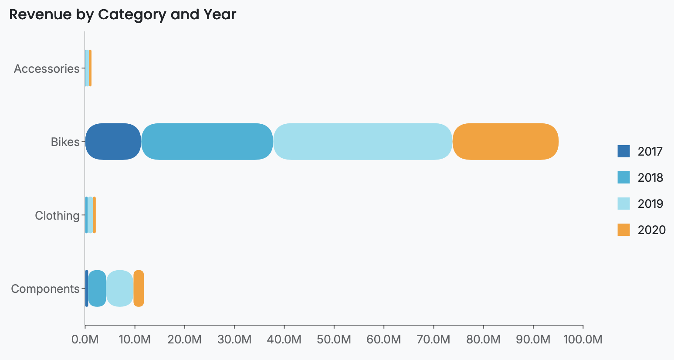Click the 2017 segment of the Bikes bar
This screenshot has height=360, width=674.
click(113, 142)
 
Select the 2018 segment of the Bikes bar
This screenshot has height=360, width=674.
click(207, 142)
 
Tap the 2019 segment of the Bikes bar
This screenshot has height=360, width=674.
click(363, 142)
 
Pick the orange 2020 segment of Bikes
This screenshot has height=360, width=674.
click(505, 142)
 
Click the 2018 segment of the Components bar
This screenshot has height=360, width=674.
click(97, 289)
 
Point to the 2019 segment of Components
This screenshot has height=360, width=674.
click(120, 289)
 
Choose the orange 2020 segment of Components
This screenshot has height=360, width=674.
click(139, 289)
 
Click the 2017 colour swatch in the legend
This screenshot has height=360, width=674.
click(623, 151)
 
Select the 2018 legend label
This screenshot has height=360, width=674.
click(650, 177)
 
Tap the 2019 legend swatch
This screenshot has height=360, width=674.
click(623, 204)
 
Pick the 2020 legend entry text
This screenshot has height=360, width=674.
click(651, 230)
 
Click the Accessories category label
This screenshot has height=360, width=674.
click(47, 68)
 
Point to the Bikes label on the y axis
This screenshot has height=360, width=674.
click(65, 142)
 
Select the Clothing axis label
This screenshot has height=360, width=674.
click(57, 215)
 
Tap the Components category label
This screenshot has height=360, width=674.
click(45, 289)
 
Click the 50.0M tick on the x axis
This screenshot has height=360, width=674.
click(334, 340)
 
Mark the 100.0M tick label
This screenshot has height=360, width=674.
click(583, 340)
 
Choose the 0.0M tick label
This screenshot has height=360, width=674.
click(85, 340)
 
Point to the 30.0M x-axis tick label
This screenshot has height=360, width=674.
click(234, 340)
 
